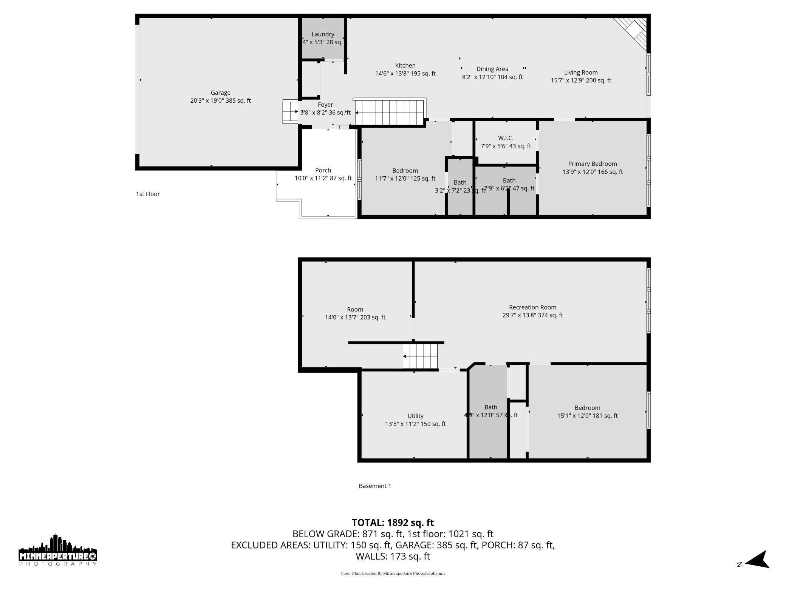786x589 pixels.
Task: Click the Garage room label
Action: tap(220, 93)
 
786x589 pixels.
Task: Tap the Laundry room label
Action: tap(323, 34)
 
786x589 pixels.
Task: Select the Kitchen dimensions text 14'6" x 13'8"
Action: tap(393, 74)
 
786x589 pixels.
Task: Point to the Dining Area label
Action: tap(492, 69)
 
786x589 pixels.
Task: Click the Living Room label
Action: tap(580, 72)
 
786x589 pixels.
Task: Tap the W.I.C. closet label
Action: tap(506, 138)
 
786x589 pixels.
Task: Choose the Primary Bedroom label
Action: tap(592, 164)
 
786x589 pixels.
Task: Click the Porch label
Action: tap(323, 170)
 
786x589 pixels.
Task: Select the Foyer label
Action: tap(325, 105)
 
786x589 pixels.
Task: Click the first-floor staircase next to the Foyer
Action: tap(389, 112)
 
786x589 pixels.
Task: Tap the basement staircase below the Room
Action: tap(420, 356)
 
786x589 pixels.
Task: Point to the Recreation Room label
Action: tap(532, 307)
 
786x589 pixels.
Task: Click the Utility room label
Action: tap(415, 416)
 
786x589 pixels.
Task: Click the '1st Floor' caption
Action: tap(148, 194)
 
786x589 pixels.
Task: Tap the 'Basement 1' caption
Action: tap(374, 486)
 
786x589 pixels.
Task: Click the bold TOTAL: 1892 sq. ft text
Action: tap(393, 523)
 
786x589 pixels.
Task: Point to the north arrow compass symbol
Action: tap(756, 560)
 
